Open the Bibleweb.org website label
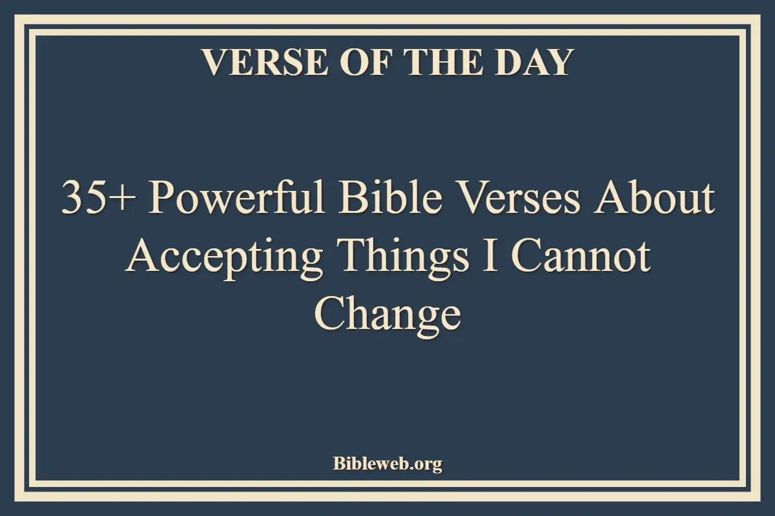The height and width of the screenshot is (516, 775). (387, 463)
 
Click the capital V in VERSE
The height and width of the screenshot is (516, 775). (213, 63)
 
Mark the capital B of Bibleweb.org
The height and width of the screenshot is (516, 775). (338, 463)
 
